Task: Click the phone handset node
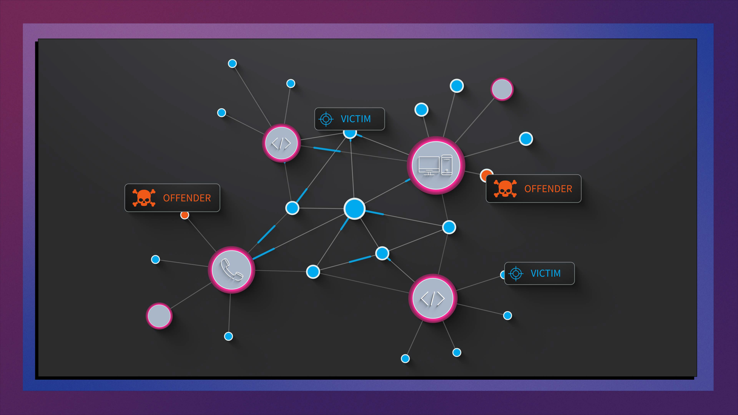[231, 270]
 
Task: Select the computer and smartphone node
[436, 166]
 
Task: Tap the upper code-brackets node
[281, 143]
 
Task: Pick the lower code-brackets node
[433, 298]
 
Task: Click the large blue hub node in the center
[354, 208]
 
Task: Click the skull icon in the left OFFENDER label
[144, 198]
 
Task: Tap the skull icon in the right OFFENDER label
[505, 188]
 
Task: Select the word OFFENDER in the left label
[187, 198]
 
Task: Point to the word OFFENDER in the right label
[548, 189]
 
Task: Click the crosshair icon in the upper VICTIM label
[326, 119]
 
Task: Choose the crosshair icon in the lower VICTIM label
[516, 274]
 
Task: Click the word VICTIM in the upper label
[356, 119]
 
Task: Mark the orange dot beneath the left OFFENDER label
[185, 215]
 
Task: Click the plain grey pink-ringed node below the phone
[159, 316]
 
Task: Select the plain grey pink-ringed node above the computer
[502, 89]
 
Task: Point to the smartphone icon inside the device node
[447, 165]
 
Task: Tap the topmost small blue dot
[232, 63]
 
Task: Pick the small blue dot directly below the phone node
[228, 336]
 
